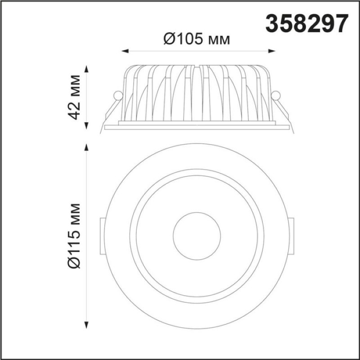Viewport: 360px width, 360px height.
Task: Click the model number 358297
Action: [307, 23]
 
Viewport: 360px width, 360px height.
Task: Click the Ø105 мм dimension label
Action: [197, 39]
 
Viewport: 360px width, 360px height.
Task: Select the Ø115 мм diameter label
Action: [75, 236]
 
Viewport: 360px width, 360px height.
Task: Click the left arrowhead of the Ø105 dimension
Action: [125, 51]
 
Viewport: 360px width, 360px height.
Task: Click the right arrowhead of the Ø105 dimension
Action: [272, 51]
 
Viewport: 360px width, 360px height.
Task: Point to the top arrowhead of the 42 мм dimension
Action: [86, 69]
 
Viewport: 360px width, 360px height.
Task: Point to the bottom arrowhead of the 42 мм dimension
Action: [86, 126]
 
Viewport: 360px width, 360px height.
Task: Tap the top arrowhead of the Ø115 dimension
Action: [86, 148]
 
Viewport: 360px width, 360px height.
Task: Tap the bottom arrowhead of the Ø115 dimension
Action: [86, 325]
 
